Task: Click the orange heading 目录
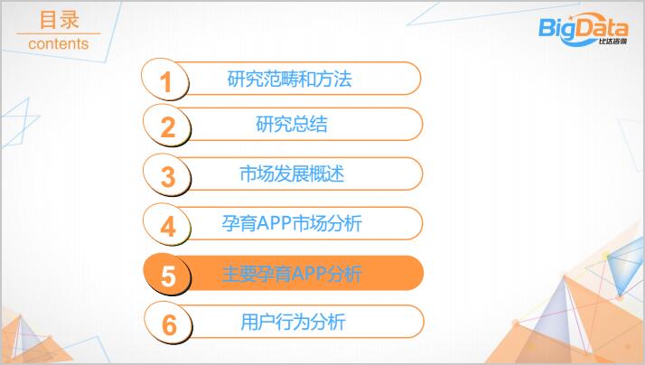(60, 20)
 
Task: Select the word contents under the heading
(59, 43)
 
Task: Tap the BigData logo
(584, 29)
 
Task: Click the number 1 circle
(165, 80)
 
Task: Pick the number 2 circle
(167, 125)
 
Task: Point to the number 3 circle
(167, 175)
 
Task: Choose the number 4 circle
(167, 225)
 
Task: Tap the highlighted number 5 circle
(167, 275)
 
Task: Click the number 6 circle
(168, 323)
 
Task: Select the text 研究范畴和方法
(290, 79)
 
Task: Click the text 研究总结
(292, 125)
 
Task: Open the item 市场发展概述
(292, 174)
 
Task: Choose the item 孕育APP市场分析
(292, 223)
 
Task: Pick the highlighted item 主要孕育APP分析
(292, 274)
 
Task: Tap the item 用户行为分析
(293, 322)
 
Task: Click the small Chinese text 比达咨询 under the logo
(612, 42)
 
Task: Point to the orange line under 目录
(59, 33)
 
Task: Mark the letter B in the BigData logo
(547, 28)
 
